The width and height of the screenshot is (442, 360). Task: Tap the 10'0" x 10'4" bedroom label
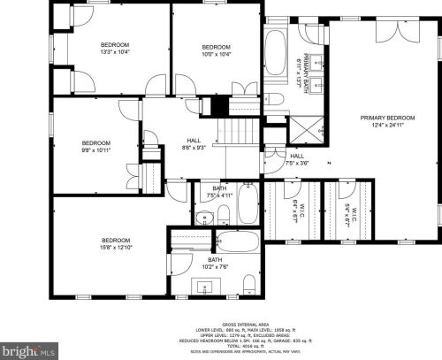216,51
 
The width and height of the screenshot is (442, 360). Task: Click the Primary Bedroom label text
387,122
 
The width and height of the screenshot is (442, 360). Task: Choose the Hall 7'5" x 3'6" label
297,159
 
